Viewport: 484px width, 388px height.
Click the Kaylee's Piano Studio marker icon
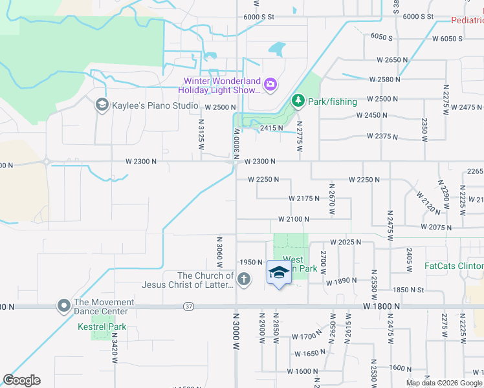coord(102,104)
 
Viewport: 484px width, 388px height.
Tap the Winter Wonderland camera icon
coord(270,84)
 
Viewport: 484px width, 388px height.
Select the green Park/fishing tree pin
coord(298,101)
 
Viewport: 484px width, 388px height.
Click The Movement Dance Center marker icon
coord(63,305)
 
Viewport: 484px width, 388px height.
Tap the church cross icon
coord(243,279)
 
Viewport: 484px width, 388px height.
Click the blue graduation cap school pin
coord(279,273)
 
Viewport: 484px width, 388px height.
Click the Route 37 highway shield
coord(188,306)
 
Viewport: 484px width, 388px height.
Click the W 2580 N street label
coord(384,79)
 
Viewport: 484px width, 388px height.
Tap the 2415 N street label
coord(272,128)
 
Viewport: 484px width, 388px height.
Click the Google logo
coord(21,380)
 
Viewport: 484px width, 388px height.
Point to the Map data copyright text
coord(443,383)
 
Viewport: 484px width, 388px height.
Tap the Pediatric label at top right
coord(467,20)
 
